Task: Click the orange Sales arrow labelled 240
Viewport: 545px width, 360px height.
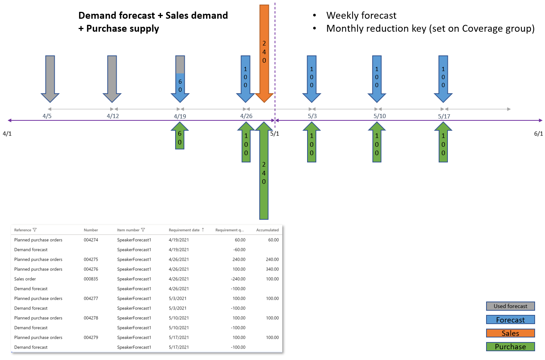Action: [264, 54]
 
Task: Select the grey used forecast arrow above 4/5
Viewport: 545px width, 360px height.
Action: [50, 79]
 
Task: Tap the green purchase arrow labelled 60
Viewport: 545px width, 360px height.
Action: [180, 136]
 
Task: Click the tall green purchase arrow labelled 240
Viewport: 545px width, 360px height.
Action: [264, 170]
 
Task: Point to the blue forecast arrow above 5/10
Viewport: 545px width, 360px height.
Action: [377, 79]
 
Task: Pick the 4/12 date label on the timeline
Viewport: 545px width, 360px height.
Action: [113, 116]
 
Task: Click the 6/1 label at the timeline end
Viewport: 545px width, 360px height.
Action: [538, 133]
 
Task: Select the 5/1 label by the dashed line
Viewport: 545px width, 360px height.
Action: [275, 133]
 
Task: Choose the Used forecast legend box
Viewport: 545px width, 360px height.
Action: [511, 306]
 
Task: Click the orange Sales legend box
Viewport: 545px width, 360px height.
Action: [511, 333]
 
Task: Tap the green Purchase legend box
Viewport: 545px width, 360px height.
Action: [511, 347]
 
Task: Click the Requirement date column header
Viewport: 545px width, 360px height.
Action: [184, 230]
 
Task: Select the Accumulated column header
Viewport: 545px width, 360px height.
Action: [267, 230]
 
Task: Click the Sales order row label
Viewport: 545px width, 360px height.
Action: [25, 279]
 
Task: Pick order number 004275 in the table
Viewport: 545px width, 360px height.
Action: [91, 259]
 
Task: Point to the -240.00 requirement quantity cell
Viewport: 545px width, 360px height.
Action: [238, 279]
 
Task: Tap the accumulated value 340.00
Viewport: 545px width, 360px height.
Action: [272, 269]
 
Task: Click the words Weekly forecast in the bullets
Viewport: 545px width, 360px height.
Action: [361, 15]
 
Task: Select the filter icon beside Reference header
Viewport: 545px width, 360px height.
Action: [35, 230]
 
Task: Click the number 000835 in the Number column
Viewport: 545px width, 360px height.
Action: [91, 279]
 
